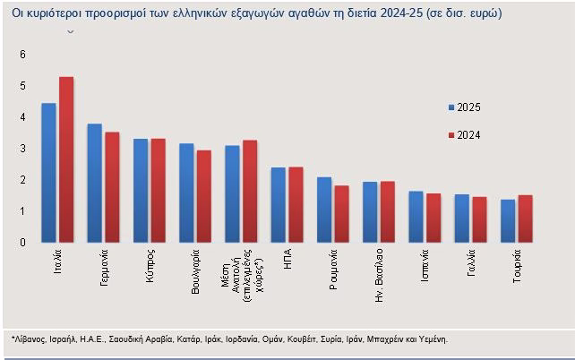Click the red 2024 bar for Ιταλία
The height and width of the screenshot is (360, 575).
tap(66, 159)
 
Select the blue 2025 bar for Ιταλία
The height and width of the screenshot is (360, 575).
tap(48, 173)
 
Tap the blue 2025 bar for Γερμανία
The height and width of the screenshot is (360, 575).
tap(94, 183)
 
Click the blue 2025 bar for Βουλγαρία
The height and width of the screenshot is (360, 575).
tap(186, 193)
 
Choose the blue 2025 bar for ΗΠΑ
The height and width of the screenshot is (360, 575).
tap(278, 204)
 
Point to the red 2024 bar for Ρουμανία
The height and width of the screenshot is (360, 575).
tap(341, 213)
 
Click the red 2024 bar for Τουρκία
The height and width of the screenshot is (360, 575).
tap(525, 219)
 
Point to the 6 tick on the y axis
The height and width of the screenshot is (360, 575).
tap(23, 55)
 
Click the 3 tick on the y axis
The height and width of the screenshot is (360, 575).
tap(23, 149)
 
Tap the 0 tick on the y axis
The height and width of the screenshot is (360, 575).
tap(23, 243)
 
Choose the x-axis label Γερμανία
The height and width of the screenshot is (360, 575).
tap(106, 268)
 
